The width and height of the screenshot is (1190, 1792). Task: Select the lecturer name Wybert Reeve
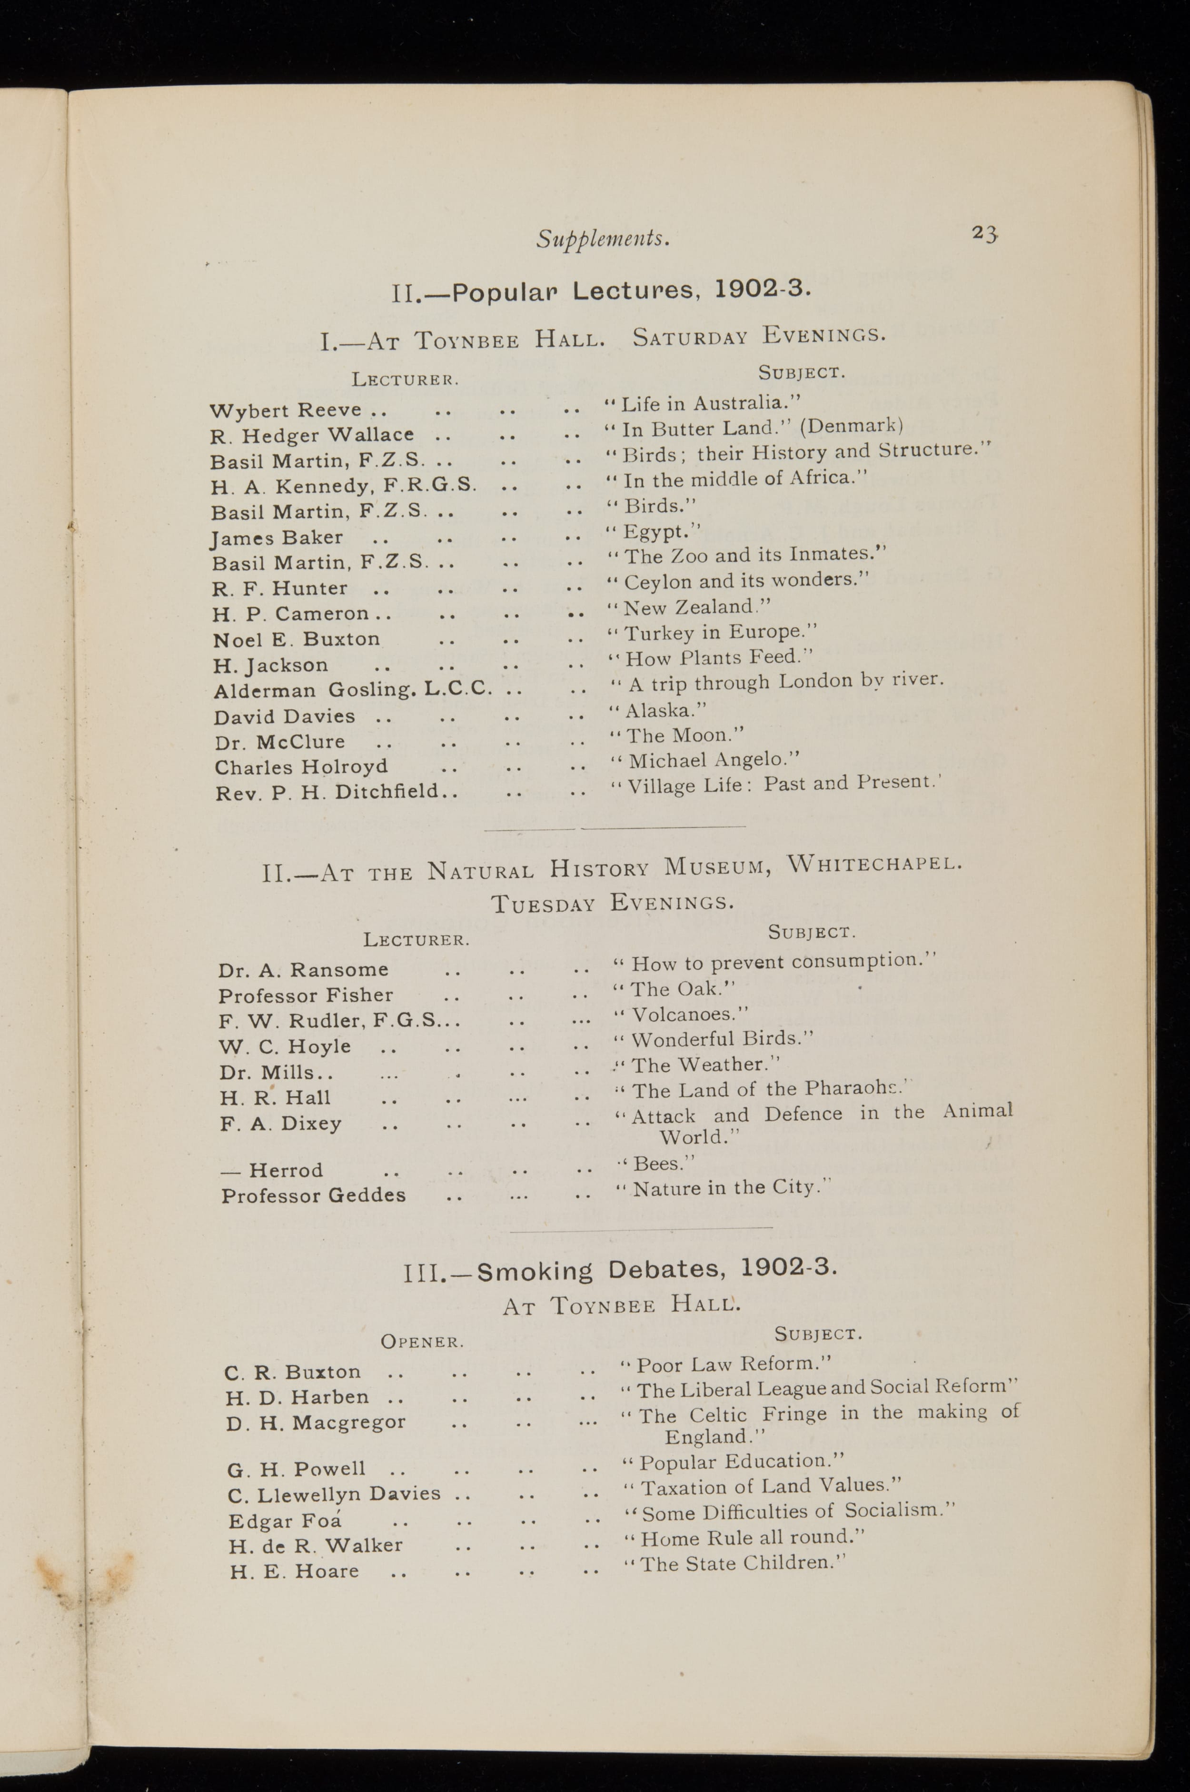(286, 410)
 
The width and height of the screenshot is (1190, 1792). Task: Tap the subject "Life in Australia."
(703, 403)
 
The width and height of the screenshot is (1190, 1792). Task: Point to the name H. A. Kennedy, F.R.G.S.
(344, 485)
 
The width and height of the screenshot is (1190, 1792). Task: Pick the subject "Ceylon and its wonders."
(746, 581)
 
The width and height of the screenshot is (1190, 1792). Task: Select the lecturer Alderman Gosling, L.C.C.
(353, 690)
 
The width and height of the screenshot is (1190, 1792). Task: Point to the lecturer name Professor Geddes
(313, 1195)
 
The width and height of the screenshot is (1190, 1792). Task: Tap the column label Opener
(422, 1341)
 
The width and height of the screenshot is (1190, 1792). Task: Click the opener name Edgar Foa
(285, 1521)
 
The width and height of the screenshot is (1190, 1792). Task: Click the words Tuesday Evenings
(613, 903)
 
